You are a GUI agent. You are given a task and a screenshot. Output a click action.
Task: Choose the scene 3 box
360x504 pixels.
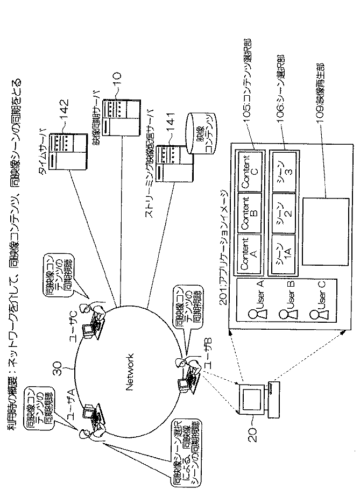point(284,173)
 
